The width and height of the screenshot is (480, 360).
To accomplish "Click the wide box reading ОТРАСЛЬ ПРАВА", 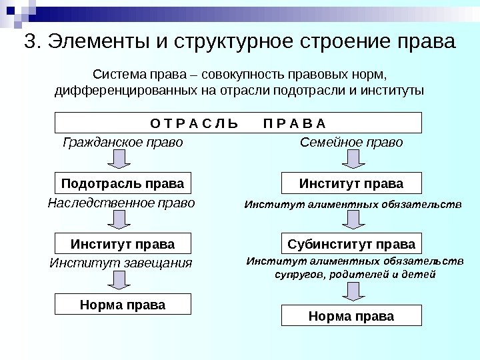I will tap(238, 123).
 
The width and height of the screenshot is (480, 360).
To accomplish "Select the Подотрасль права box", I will tap(122, 183).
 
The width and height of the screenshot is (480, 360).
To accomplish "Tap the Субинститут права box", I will tap(351, 243).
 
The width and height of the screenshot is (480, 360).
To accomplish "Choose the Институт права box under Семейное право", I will tap(351, 183).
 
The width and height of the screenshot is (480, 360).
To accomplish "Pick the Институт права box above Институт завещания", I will tap(122, 243).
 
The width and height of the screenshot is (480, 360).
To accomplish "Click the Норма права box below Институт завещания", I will tap(122, 305).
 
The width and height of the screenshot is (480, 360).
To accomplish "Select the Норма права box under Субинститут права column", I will tap(351, 315).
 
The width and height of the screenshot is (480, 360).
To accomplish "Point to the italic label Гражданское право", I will tap(122, 142).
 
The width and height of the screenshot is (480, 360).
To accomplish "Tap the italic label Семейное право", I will tap(351, 142).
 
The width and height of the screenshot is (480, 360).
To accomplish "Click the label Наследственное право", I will tap(121, 202).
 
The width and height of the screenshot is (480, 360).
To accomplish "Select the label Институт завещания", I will tap(121, 263).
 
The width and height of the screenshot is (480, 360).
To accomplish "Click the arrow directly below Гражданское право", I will tap(121, 160).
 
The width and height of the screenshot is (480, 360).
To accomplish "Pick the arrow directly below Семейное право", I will tap(351, 160).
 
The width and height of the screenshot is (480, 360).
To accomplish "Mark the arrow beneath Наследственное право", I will tap(121, 220).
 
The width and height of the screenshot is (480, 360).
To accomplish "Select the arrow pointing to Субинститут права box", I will tap(351, 220).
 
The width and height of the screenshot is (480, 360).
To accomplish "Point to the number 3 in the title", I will tap(29, 42).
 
